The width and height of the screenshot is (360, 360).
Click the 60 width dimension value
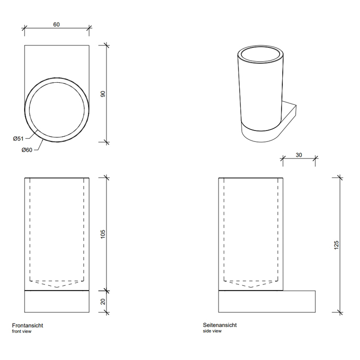pos(57,24)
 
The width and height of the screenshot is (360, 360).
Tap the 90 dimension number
pos(103,94)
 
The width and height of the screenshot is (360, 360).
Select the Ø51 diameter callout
pos(18,138)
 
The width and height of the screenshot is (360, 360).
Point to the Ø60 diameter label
pos(27,150)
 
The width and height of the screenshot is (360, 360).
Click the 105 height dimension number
pos(103,233)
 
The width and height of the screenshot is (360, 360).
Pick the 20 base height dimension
pos(103,301)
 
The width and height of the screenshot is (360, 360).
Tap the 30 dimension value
pos(299,155)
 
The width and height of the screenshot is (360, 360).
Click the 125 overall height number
pos(336,245)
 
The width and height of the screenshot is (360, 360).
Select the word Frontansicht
pos(28,326)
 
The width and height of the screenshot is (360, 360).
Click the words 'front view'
pos(22,331)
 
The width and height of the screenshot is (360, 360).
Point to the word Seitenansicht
pos(220,325)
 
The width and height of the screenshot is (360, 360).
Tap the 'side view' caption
pos(212,331)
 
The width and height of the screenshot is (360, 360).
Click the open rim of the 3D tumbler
pos(260,55)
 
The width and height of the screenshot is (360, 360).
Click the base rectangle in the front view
pos(57,301)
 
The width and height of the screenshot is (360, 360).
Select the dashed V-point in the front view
pos(57,287)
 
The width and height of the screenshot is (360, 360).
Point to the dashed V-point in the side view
pos(251,287)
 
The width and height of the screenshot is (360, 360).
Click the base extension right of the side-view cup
pos(299,301)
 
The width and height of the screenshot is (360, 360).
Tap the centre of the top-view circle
pos(57,110)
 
